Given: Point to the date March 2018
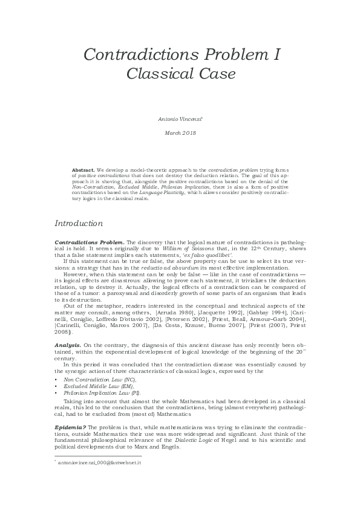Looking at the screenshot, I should point(179,132).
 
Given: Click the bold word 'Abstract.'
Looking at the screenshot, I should point(82,170).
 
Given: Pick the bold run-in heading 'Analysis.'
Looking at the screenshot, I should point(68,344).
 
